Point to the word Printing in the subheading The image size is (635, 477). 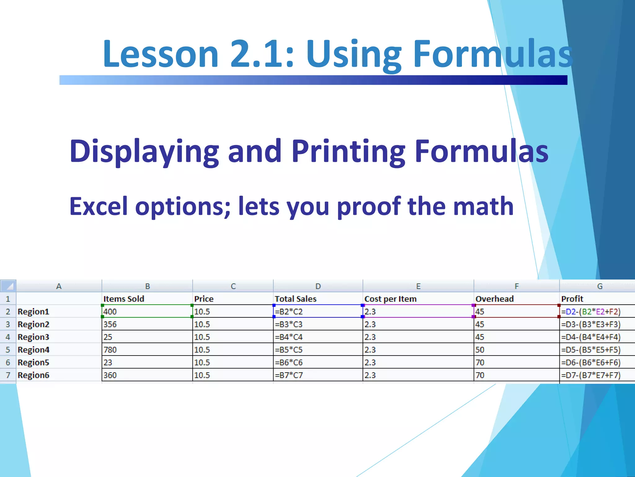(x=348, y=152)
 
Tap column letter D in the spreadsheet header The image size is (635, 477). (x=318, y=286)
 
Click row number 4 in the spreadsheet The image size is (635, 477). (x=8, y=337)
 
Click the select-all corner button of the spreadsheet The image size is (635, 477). (x=8, y=286)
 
